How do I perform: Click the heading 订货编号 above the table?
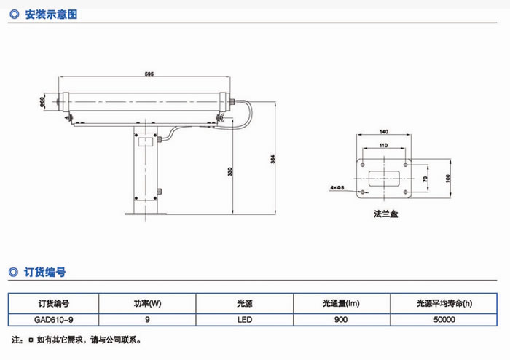(x=45, y=273)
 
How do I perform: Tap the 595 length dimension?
(x=149, y=74)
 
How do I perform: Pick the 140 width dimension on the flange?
(x=382, y=133)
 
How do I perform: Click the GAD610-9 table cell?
(x=52, y=319)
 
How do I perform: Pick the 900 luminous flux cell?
(x=341, y=319)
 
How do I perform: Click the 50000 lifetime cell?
(x=444, y=319)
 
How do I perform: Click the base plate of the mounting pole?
(x=146, y=214)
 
